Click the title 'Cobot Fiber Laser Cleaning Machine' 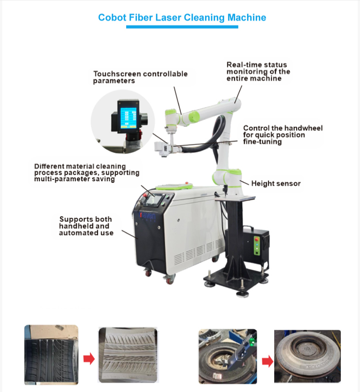point(182,17)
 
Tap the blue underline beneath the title point(182,27)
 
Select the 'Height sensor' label point(276,184)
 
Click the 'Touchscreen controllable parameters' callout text point(140,77)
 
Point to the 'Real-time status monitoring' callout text point(258,72)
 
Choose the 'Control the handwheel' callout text point(283,135)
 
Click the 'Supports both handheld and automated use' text point(86,226)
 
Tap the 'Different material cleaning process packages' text point(87,173)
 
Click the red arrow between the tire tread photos point(89,359)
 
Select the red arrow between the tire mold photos point(268,361)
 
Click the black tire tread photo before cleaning point(51,355)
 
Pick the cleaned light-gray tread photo point(128,355)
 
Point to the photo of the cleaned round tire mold point(308,356)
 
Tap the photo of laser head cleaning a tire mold point(228,356)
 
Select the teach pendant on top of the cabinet point(174,186)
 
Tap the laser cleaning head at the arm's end point(162,148)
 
